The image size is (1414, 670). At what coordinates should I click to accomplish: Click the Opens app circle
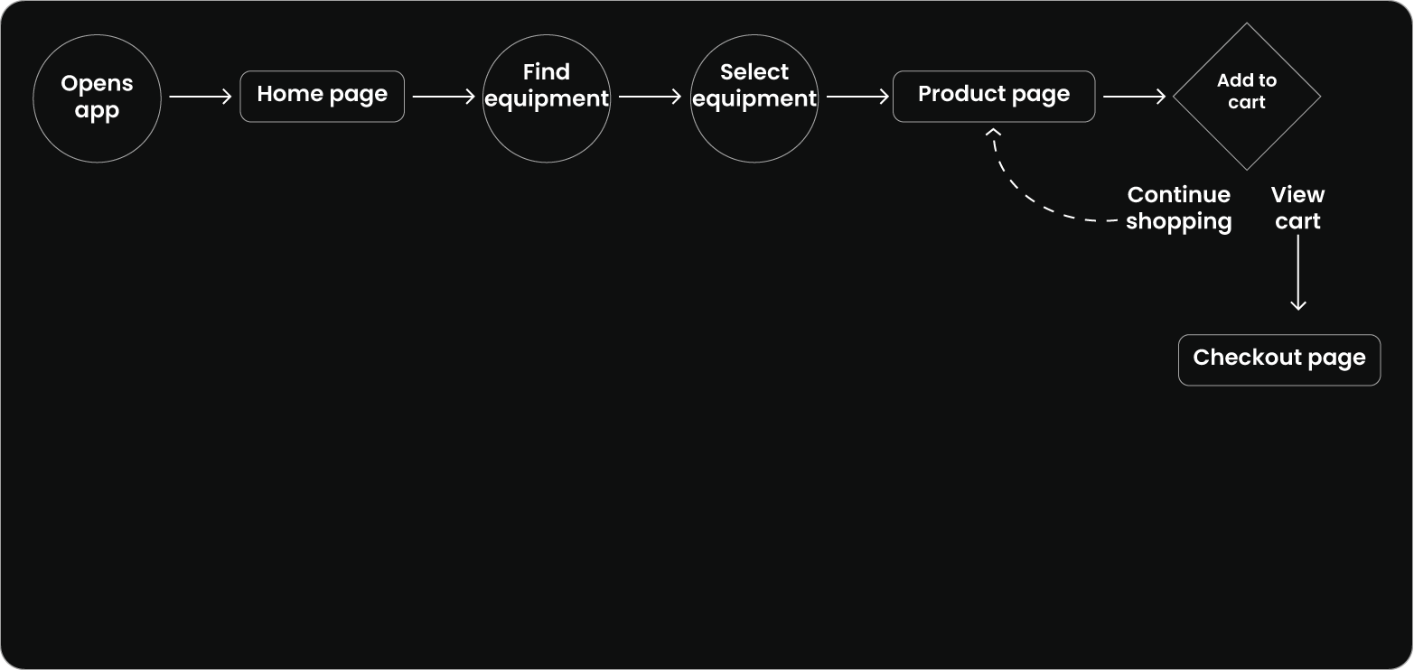[97, 97]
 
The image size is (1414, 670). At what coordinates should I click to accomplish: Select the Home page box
[322, 96]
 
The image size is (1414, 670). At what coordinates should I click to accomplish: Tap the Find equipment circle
[546, 97]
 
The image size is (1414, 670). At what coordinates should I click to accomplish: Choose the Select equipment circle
[754, 97]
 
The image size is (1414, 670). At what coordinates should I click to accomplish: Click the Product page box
[993, 96]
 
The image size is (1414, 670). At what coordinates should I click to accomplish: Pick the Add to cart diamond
[1246, 96]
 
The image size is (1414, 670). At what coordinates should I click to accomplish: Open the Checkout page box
[1278, 359]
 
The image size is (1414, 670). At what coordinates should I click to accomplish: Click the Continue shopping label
[1178, 209]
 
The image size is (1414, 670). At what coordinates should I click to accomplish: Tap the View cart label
[1297, 209]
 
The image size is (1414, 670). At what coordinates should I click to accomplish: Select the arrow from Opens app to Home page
[200, 97]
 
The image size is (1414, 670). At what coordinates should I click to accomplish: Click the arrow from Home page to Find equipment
[443, 97]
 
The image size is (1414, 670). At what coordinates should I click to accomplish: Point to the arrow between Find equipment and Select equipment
[650, 97]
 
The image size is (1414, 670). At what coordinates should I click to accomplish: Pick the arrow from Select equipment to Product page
[857, 97]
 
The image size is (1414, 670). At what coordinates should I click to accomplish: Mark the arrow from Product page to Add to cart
[1134, 97]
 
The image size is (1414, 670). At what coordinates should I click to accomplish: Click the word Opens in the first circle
[97, 83]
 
